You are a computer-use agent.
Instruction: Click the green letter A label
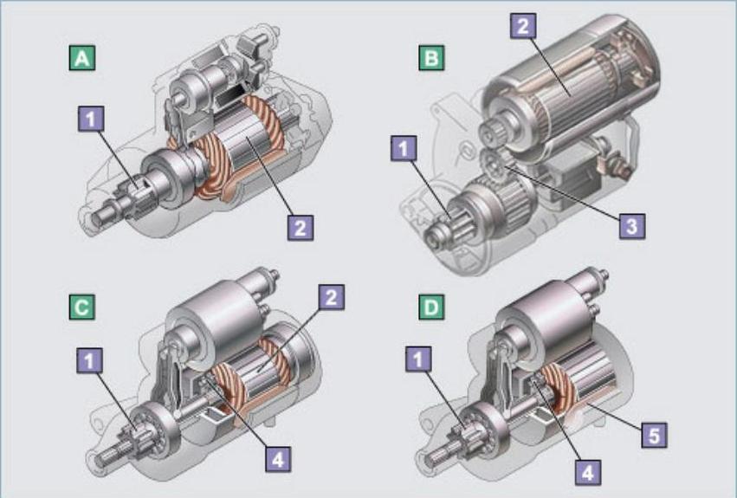[x=82, y=57]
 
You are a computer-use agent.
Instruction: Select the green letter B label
[x=431, y=57]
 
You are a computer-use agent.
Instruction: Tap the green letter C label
[x=81, y=307]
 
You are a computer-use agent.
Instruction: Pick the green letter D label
[x=431, y=307]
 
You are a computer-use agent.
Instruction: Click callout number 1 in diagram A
[x=91, y=118]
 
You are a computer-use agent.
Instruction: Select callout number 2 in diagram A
[x=301, y=228]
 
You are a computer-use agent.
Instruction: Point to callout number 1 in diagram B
[x=404, y=149]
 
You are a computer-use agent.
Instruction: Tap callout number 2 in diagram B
[x=523, y=25]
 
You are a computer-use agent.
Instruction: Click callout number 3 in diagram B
[x=632, y=226]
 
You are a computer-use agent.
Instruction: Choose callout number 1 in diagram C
[x=90, y=360]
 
